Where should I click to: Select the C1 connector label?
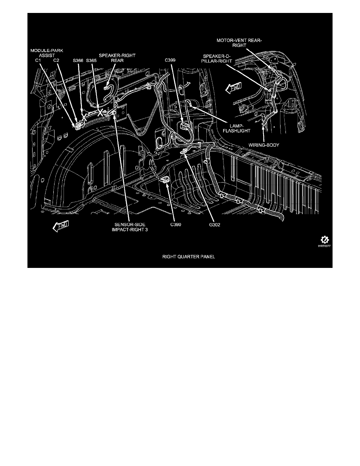point(38,61)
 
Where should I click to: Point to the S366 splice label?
point(78,61)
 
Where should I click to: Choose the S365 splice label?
point(91,61)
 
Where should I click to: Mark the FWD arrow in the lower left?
point(60,226)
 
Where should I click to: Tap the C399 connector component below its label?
point(183,126)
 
